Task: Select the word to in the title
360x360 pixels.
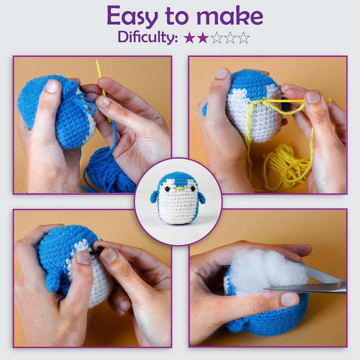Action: pyautogui.click(x=180, y=17)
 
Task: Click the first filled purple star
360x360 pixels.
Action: pyautogui.click(x=189, y=38)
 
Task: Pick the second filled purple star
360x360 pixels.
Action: pyautogui.click(x=203, y=38)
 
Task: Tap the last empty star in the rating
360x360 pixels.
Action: pyautogui.click(x=243, y=38)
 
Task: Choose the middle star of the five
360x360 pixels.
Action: pyautogui.click(x=216, y=38)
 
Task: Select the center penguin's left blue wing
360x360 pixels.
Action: pyautogui.click(x=154, y=196)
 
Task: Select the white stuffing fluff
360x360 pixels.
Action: pyautogui.click(x=261, y=270)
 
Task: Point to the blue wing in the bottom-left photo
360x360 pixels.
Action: pyautogui.click(x=53, y=281)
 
